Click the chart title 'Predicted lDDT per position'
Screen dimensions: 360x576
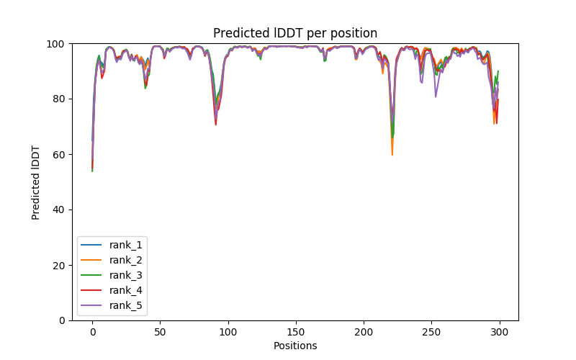(294, 33)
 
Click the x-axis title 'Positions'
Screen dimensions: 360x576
(294, 346)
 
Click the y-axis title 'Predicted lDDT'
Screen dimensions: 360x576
(36, 182)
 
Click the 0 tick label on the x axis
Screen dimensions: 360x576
(92, 332)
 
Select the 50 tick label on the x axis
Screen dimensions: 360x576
(160, 332)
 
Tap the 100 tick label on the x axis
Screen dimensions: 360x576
(228, 332)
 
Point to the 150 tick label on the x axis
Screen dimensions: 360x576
(296, 332)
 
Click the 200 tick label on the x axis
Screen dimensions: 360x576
(364, 332)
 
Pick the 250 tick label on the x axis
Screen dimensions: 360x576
(431, 332)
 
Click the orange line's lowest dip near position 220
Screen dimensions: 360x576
(392, 155)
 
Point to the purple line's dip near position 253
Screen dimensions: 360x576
(436, 96)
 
